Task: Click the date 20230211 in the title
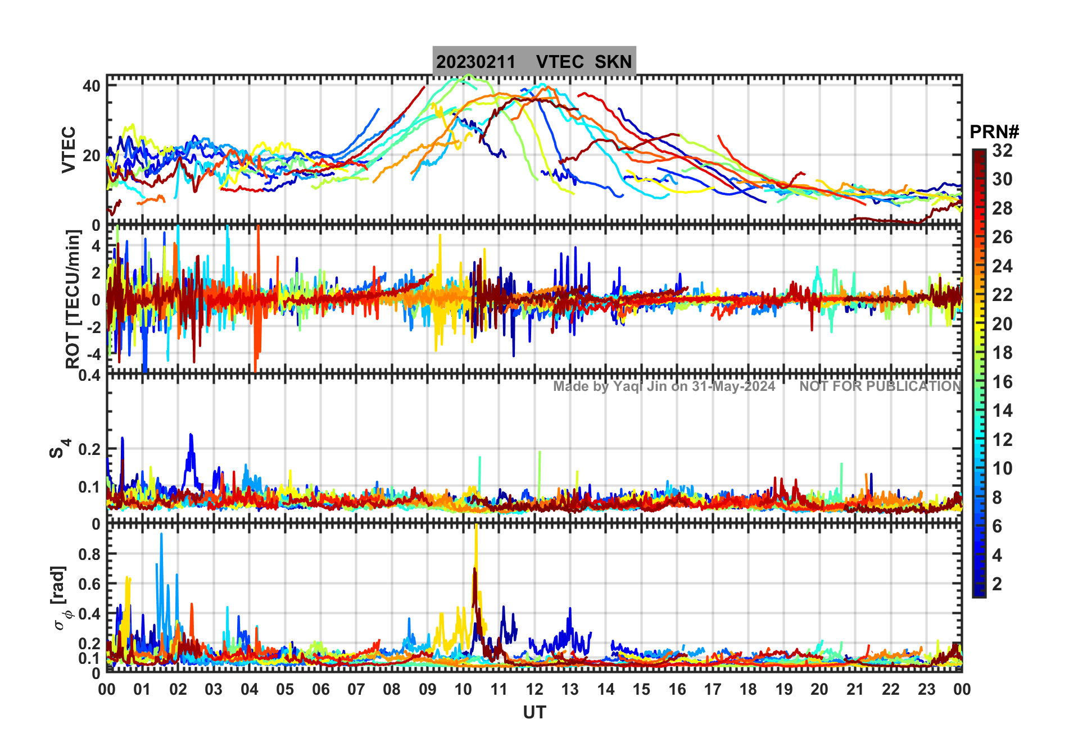pyautogui.click(x=475, y=61)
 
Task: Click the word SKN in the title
pyautogui.click(x=613, y=61)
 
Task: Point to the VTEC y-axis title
pyautogui.click(x=68, y=149)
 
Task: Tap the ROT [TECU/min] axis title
pyautogui.click(x=73, y=299)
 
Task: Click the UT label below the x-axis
pyautogui.click(x=534, y=712)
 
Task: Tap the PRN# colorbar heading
pyautogui.click(x=994, y=132)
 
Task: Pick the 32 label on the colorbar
pyautogui.click(x=1002, y=151)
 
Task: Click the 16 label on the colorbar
pyautogui.click(x=1002, y=382)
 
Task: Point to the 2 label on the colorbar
pyautogui.click(x=997, y=584)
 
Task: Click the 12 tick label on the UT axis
pyautogui.click(x=534, y=689)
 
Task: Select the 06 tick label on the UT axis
pyautogui.click(x=320, y=689)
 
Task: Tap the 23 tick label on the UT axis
pyautogui.click(x=926, y=689)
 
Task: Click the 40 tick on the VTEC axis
pyautogui.click(x=92, y=86)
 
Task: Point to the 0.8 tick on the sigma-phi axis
pyautogui.click(x=90, y=554)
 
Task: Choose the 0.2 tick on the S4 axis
pyautogui.click(x=90, y=449)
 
